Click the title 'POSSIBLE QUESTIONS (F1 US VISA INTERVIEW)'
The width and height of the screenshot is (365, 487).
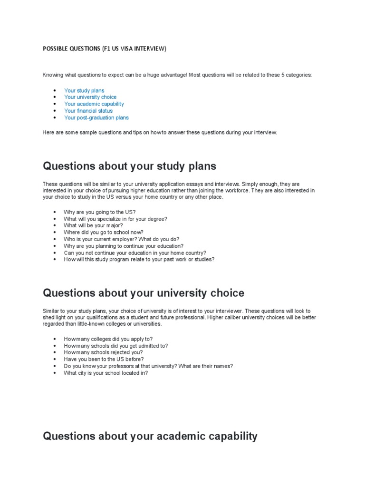[105, 49]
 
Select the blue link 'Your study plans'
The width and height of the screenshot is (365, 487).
[84, 90]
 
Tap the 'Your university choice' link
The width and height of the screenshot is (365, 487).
[90, 97]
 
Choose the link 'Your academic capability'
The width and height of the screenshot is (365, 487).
[94, 104]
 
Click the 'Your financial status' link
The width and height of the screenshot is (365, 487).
[88, 111]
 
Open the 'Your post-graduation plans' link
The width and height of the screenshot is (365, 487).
[96, 117]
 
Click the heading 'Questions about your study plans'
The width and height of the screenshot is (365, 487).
[129, 166]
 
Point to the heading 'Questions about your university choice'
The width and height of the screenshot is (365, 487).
[144, 293]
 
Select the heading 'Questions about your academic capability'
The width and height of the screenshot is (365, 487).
[150, 436]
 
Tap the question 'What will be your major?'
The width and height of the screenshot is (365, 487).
[94, 225]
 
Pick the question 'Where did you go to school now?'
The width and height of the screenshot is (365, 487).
[104, 233]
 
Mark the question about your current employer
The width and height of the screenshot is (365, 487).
[122, 239]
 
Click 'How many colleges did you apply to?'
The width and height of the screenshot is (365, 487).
[108, 339]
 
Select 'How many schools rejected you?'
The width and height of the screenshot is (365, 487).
[103, 353]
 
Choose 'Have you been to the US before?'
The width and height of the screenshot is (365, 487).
[104, 360]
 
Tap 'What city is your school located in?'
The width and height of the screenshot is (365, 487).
[106, 373]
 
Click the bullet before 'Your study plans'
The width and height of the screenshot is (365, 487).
[55, 90]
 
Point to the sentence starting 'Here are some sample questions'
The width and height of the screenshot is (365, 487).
[160, 132]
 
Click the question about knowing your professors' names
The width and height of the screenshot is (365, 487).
[148, 366]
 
